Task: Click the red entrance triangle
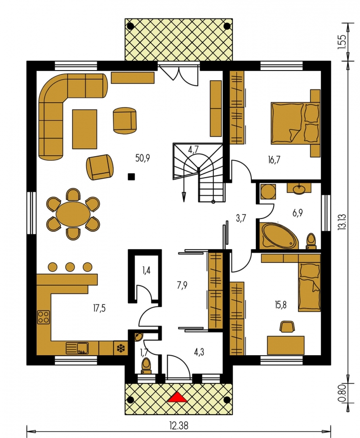[x=177, y=397]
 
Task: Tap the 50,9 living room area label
[x=143, y=158]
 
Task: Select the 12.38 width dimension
[x=179, y=426]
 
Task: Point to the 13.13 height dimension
[x=341, y=222]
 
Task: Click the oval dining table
[x=73, y=214]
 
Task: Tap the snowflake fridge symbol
[x=120, y=348]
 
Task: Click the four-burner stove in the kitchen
[x=43, y=317]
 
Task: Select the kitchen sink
[x=77, y=348]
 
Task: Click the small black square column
[x=131, y=177]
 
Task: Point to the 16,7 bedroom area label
[x=274, y=160]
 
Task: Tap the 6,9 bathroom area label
[x=297, y=213]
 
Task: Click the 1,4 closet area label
[x=146, y=271]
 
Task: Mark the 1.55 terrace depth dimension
[x=341, y=42]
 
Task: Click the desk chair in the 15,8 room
[x=286, y=326]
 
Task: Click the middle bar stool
[x=70, y=267]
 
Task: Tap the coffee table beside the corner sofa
[x=85, y=129]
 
